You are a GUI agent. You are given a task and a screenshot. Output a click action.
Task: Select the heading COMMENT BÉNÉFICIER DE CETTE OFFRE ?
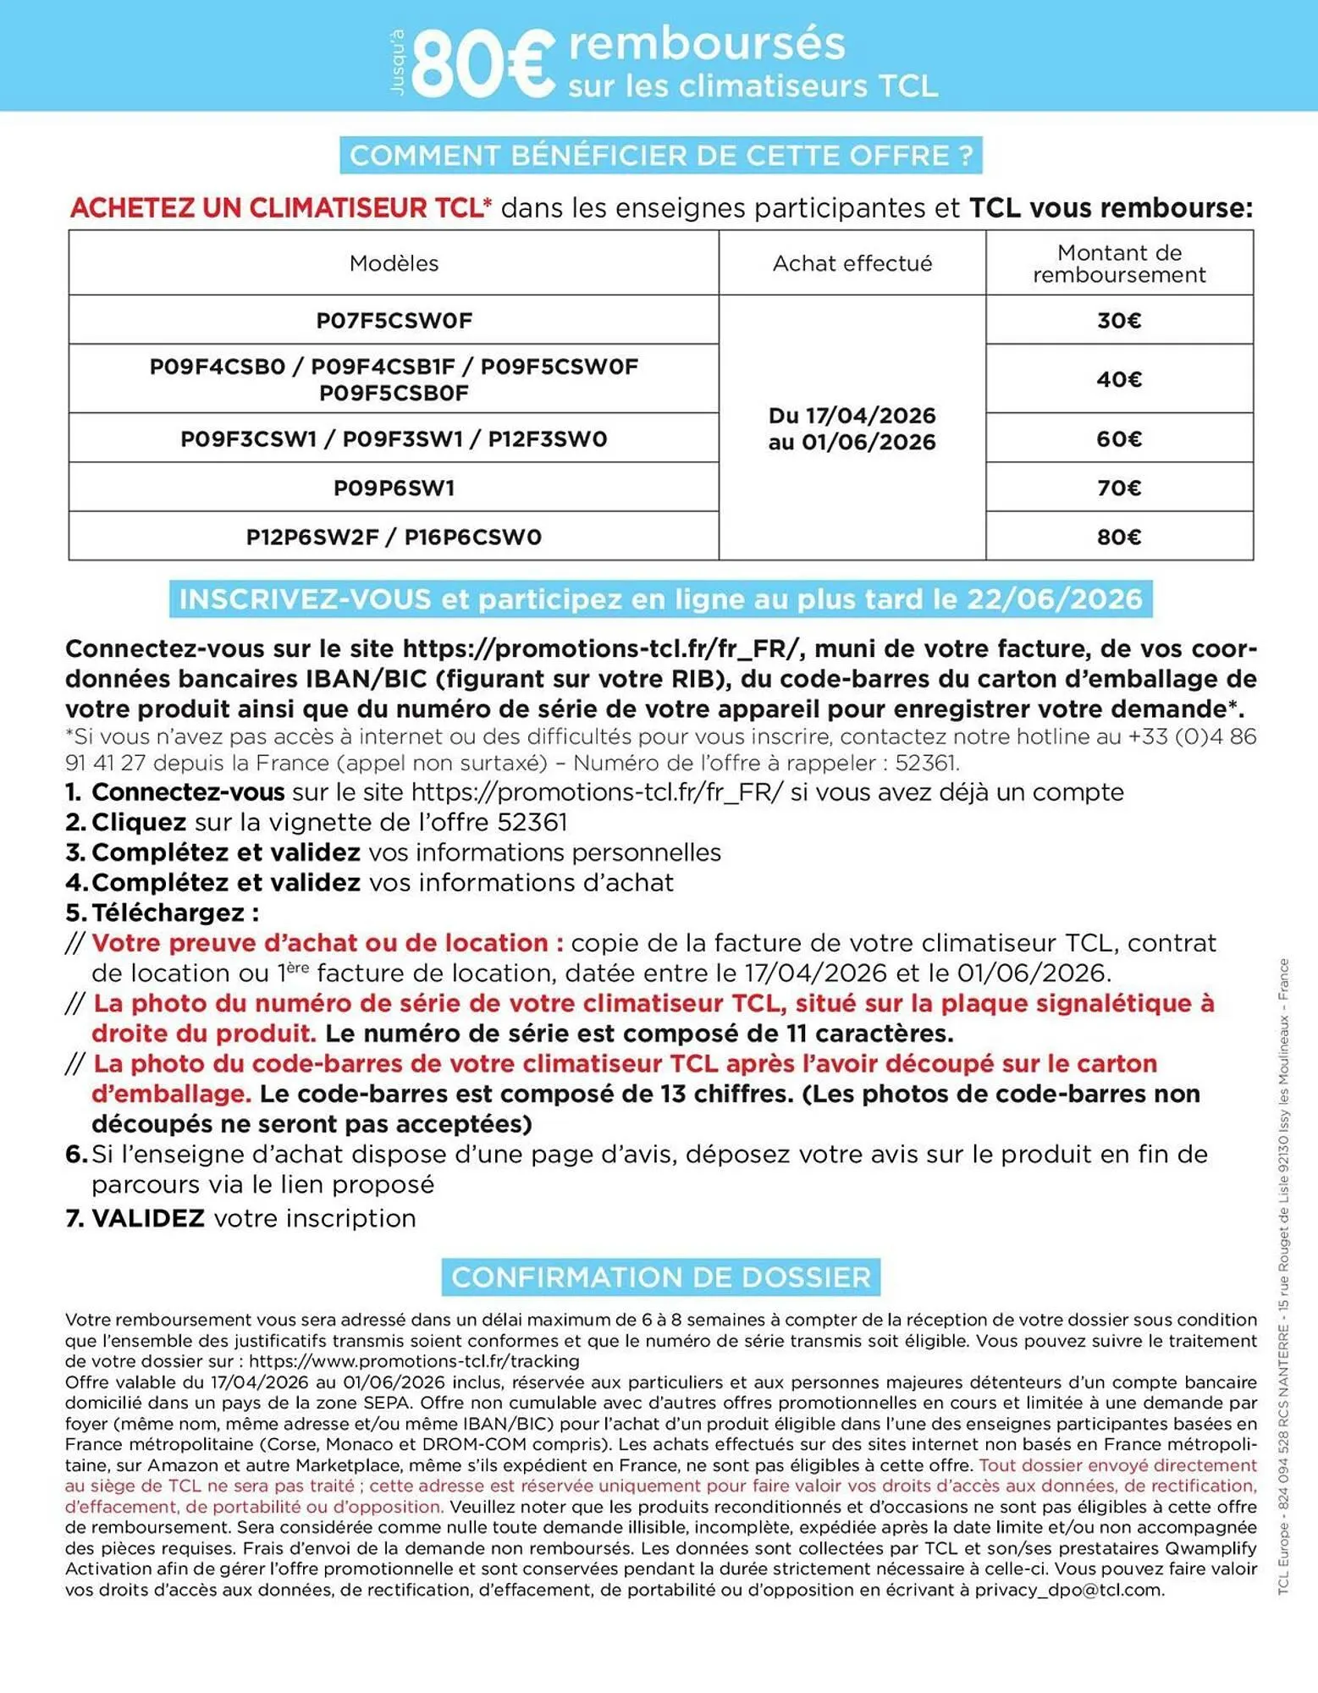coord(660,156)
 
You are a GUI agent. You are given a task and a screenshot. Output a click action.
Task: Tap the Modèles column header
coord(394,263)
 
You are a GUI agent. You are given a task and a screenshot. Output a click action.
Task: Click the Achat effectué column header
coord(852,263)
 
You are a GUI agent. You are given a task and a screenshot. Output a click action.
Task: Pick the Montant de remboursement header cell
coord(1118,263)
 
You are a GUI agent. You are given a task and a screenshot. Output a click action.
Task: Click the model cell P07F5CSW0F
coord(394,320)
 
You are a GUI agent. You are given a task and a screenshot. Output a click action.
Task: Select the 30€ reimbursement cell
coord(1118,320)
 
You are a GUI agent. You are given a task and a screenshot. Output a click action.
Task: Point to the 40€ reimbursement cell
coord(1118,378)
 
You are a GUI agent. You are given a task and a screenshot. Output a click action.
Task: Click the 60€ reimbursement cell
coord(1118,438)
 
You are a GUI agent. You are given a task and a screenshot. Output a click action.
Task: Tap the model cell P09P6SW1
coord(394,488)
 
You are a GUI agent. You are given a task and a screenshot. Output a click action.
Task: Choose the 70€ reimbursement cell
coord(1118,488)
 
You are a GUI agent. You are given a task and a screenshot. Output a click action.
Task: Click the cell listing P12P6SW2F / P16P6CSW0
coord(394,537)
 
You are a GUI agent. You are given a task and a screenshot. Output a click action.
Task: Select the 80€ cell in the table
coord(1118,537)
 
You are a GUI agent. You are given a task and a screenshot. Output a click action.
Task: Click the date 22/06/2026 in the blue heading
coord(1055,599)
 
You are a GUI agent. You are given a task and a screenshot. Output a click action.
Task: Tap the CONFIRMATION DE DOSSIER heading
coord(660,1277)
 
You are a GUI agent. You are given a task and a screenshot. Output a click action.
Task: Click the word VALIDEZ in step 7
coord(148,1218)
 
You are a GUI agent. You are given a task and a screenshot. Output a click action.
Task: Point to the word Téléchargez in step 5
coord(169,913)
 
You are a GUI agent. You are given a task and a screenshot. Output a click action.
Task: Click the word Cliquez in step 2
coord(139,822)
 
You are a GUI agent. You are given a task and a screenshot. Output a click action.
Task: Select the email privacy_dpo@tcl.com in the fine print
coord(1067,1589)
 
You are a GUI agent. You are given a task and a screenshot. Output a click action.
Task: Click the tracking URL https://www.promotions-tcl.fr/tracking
coord(414,1361)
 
